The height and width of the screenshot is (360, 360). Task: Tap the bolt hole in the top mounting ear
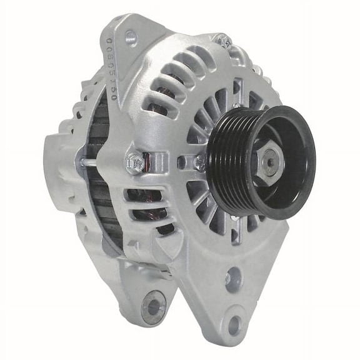(x=131, y=38)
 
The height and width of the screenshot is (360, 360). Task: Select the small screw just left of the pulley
(x=199, y=163)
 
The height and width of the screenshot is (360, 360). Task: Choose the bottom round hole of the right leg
(x=234, y=325)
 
